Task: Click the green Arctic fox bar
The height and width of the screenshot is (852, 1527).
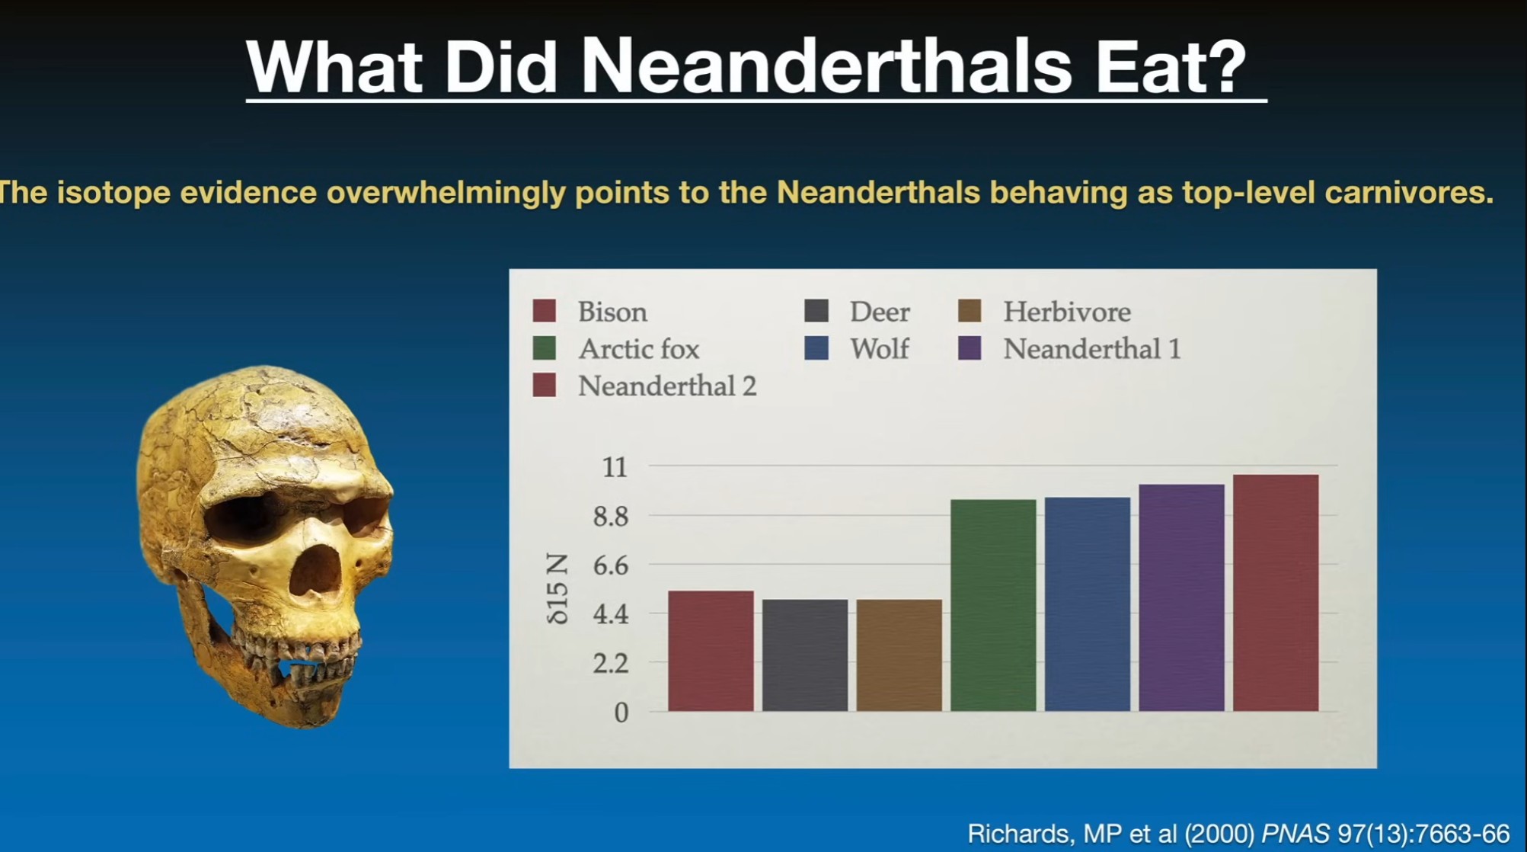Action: pyautogui.click(x=993, y=605)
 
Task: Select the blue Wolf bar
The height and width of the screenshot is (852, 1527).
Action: pyautogui.click(x=1088, y=604)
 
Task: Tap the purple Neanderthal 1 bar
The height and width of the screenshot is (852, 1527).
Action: pyautogui.click(x=1182, y=597)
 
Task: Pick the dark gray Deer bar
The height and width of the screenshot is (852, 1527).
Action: pyautogui.click(x=805, y=655)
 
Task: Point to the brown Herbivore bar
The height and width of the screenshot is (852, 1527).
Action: pyautogui.click(x=899, y=655)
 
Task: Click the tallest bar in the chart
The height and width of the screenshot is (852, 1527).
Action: pyautogui.click(x=1276, y=593)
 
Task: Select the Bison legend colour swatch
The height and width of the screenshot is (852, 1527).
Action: pyautogui.click(x=545, y=311)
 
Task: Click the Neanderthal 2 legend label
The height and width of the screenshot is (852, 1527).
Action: pyautogui.click(x=667, y=386)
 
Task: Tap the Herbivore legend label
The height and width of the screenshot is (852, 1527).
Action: pyautogui.click(x=1067, y=312)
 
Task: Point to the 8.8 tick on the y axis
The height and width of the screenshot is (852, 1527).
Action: pyautogui.click(x=611, y=517)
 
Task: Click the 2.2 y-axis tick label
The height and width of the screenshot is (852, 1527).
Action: pyautogui.click(x=611, y=664)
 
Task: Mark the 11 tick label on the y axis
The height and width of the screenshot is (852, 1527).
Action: pyautogui.click(x=615, y=467)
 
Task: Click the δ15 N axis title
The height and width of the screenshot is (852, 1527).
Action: pyautogui.click(x=557, y=589)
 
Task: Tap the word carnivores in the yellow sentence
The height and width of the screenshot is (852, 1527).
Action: pyautogui.click(x=1409, y=193)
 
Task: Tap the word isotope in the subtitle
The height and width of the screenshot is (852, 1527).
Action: pyautogui.click(x=114, y=193)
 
